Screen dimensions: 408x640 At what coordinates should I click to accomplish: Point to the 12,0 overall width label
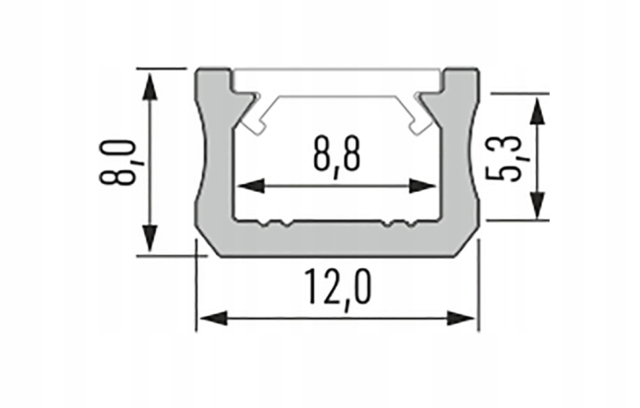(336, 287)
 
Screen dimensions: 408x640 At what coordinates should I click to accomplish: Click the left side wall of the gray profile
(214, 162)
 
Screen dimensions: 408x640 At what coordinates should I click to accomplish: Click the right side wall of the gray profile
(458, 162)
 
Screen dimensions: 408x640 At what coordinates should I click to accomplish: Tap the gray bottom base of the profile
(336, 241)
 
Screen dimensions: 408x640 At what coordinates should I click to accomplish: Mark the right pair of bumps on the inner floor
(399, 224)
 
